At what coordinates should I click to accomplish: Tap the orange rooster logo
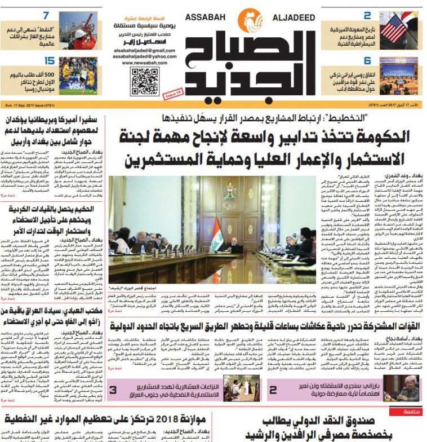click(250, 21)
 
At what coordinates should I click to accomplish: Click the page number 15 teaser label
click(48, 61)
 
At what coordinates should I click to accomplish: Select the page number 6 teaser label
click(367, 61)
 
